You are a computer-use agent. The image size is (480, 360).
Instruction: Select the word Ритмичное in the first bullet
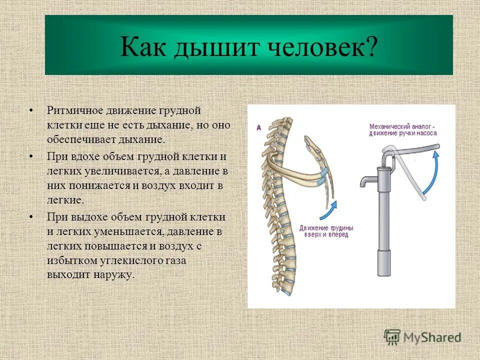tap(73, 109)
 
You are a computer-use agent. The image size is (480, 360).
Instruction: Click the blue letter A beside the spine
tap(259, 127)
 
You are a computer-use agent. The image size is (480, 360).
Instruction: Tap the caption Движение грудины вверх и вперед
tap(326, 230)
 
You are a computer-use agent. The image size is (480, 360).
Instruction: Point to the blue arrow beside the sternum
tap(328, 210)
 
